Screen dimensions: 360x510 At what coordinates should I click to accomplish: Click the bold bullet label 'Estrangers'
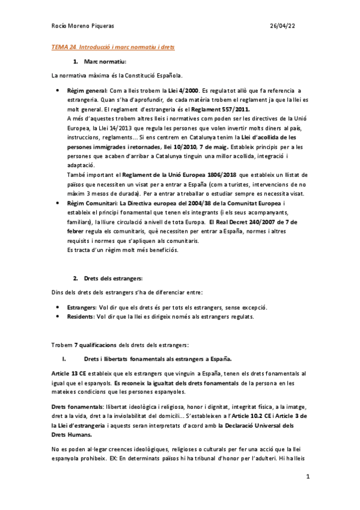coord(82,307)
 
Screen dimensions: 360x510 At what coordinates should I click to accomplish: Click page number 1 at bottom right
coord(307,478)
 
